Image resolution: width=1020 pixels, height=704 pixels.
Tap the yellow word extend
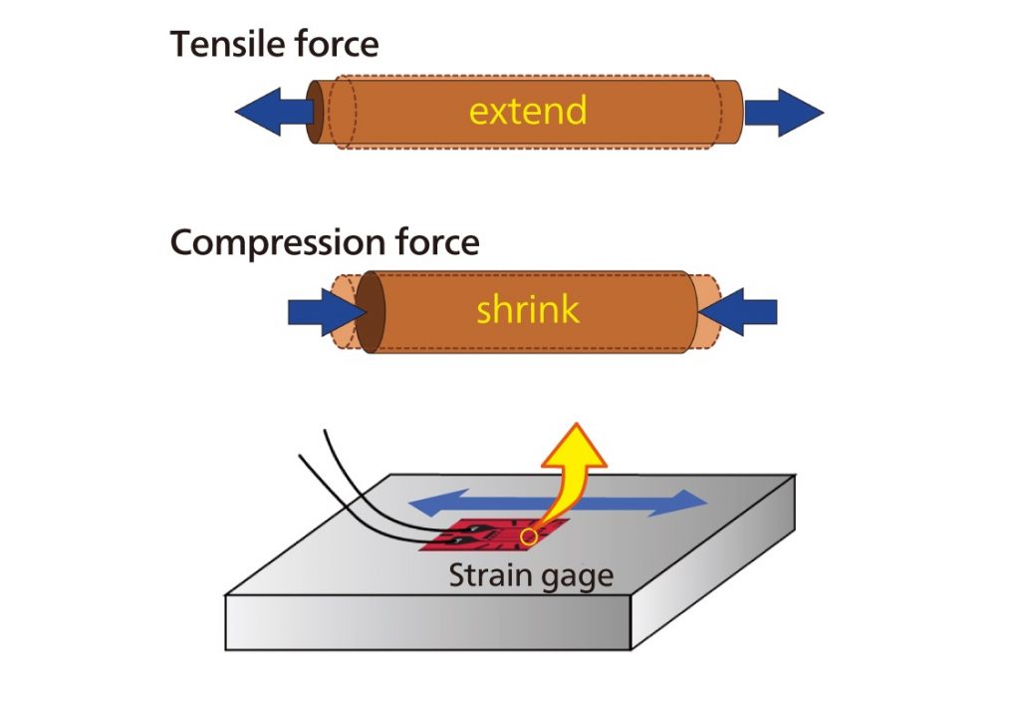[x=528, y=111]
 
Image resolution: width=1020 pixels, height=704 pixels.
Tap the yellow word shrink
[x=527, y=310]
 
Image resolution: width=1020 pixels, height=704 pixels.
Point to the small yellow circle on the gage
[x=529, y=536]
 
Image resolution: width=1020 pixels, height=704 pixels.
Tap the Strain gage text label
[x=530, y=576]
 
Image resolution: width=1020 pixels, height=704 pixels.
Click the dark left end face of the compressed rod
[x=371, y=311]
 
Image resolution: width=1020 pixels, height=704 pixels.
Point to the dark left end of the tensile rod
[x=316, y=111]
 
